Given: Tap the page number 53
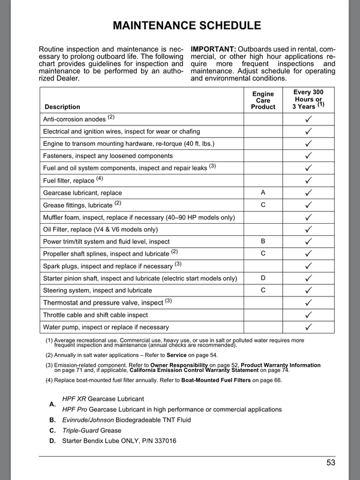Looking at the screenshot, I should (331, 463).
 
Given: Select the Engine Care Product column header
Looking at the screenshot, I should (263, 100).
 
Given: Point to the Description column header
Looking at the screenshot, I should (62, 107).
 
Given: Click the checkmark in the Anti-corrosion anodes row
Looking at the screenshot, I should (308, 119).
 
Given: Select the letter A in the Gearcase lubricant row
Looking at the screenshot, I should (263, 193).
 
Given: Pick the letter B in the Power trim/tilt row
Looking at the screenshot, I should (263, 241).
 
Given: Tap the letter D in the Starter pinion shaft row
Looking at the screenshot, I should (263, 278).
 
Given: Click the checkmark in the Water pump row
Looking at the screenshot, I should (308, 327).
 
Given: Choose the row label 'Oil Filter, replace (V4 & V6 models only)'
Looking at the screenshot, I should (100, 229).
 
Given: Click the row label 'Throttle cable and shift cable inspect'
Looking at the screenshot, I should (95, 315).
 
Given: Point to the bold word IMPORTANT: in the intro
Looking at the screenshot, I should (213, 48).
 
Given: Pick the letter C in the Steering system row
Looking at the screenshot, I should (263, 290).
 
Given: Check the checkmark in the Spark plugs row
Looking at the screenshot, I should (308, 266).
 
